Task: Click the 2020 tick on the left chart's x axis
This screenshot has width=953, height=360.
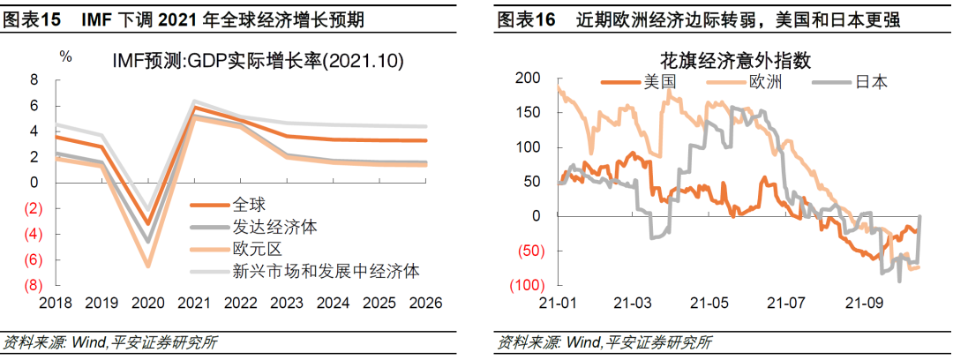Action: click(x=148, y=304)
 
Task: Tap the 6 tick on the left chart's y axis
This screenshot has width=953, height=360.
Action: click(x=34, y=105)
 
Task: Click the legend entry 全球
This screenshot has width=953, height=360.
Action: click(x=248, y=204)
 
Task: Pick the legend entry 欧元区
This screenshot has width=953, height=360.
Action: click(x=255, y=248)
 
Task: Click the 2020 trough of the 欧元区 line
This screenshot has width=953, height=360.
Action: click(x=148, y=266)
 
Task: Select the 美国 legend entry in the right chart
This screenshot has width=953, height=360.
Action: click(x=659, y=81)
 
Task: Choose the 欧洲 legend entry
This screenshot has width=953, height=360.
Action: click(x=765, y=81)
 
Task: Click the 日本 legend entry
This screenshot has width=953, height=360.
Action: click(x=871, y=81)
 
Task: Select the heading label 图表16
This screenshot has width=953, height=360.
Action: click(x=526, y=19)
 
